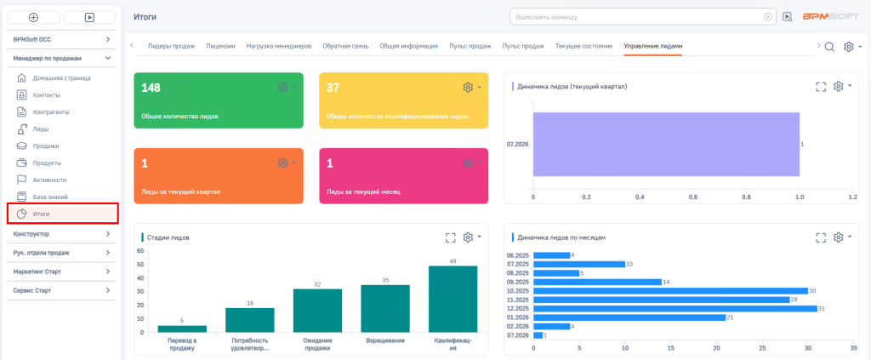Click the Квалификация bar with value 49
tap(453, 299)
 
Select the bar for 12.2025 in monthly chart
tap(675, 308)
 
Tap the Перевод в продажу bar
tap(182, 329)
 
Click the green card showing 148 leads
tap(219, 100)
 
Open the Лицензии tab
tap(220, 46)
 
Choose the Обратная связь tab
tap(345, 46)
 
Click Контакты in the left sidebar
tap(47, 95)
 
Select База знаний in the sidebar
tap(50, 197)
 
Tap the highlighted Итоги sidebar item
tap(63, 214)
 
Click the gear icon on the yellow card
tap(468, 87)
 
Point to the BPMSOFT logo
tap(831, 17)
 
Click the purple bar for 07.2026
tap(666, 145)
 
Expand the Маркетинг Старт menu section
tap(62, 271)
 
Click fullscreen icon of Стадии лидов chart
tap(450, 237)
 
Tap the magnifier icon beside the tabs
tap(829, 47)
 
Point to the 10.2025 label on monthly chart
tap(518, 290)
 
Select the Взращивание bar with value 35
tap(385, 309)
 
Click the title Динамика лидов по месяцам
tap(561, 237)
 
